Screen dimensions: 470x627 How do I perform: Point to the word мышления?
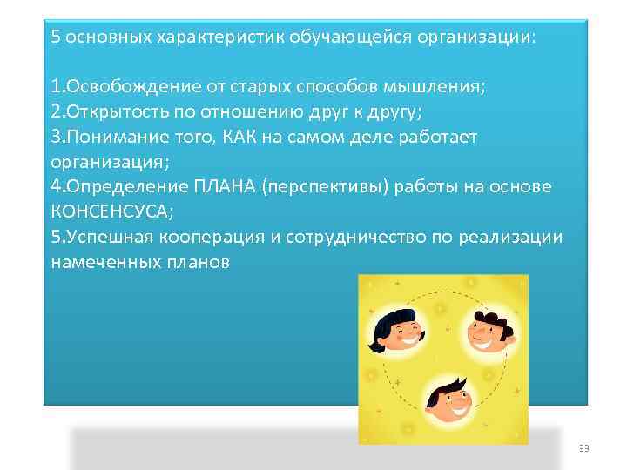(439, 87)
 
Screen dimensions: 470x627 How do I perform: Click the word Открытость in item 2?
(107, 112)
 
